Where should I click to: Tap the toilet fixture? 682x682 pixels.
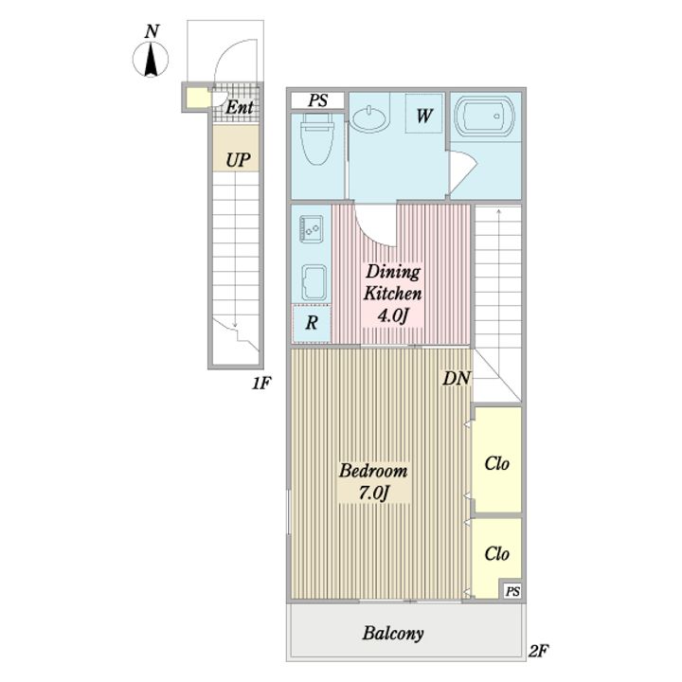(x=317, y=139)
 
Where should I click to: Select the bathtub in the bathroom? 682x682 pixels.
(x=484, y=117)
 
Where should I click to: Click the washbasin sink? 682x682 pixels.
(x=370, y=117)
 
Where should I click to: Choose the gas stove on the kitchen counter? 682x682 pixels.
(x=312, y=228)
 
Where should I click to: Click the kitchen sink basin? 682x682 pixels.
(x=314, y=282)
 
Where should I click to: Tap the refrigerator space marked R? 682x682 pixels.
(x=311, y=323)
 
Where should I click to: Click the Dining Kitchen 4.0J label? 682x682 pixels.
(x=392, y=294)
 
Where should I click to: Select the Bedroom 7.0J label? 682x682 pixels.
(x=373, y=482)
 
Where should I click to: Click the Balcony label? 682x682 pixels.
(x=393, y=634)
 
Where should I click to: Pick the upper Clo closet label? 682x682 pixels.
(x=496, y=463)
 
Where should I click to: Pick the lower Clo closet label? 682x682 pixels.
(x=496, y=554)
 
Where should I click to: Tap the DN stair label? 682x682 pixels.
(x=457, y=378)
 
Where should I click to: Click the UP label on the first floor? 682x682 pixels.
(x=238, y=160)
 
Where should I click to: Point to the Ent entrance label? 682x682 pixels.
(x=240, y=107)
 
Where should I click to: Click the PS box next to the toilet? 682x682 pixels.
(x=318, y=100)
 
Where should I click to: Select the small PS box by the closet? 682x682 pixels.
(x=512, y=591)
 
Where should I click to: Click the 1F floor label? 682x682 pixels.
(x=261, y=384)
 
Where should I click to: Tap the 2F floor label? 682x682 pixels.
(x=538, y=651)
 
